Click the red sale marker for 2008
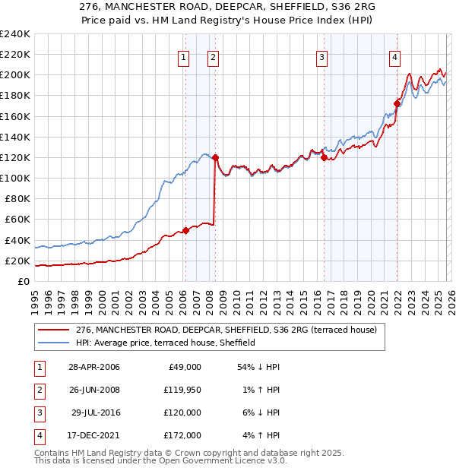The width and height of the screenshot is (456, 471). coord(215,158)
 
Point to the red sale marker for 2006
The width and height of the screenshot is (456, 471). coord(185,231)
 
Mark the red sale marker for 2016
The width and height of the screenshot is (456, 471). coord(324,158)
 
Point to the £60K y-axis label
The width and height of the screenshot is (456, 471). coord(17,220)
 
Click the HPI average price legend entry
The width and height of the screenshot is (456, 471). coord(165,343)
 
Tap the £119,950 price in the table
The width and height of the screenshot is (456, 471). coord(183,390)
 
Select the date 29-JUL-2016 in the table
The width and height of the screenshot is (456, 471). coord(91,413)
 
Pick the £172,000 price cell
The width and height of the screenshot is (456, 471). coord(183,435)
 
